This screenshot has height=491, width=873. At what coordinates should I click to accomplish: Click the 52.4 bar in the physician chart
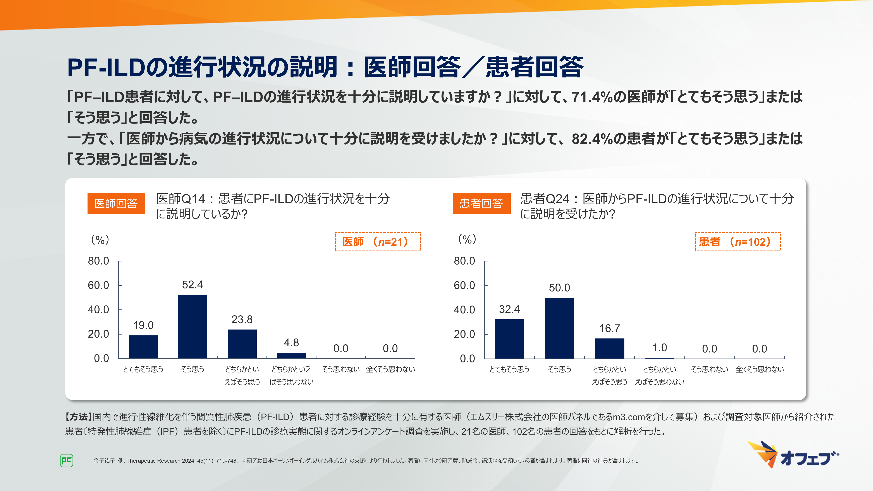pyautogui.click(x=192, y=326)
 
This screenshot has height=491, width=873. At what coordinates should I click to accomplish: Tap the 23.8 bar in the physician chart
pyautogui.click(x=242, y=344)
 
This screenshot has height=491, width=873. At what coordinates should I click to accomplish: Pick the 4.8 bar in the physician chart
pyautogui.click(x=291, y=355)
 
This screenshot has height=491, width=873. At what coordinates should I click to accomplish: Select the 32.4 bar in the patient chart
pyautogui.click(x=509, y=338)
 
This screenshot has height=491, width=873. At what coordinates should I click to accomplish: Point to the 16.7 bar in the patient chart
pyautogui.click(x=609, y=348)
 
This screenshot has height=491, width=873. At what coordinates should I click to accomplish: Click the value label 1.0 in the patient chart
pyautogui.click(x=660, y=348)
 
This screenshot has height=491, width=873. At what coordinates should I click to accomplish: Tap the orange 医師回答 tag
pyautogui.click(x=116, y=203)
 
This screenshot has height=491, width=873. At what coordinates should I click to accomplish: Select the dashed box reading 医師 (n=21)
pyautogui.click(x=378, y=242)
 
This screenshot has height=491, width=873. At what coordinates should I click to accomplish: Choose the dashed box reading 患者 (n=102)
pyautogui.click(x=737, y=242)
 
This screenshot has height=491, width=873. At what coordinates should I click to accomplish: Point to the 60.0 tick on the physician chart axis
pyautogui.click(x=99, y=285)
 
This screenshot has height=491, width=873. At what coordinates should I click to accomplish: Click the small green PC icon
pyautogui.click(x=66, y=460)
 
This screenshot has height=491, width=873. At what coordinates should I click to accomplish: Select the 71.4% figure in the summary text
pyautogui.click(x=592, y=97)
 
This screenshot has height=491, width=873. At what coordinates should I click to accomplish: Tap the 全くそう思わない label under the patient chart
pyautogui.click(x=760, y=369)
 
